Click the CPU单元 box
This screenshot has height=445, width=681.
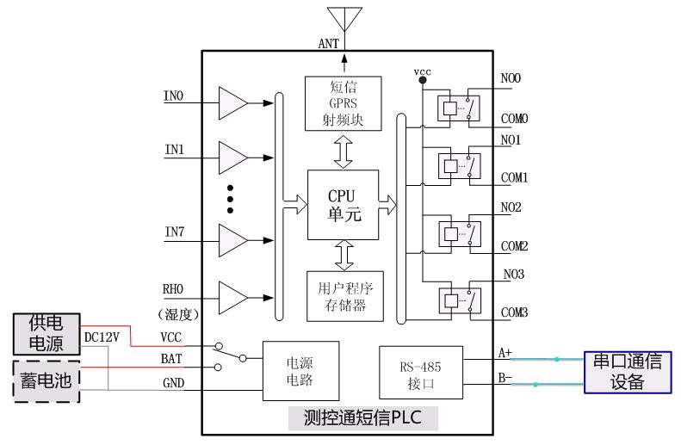click(344, 205)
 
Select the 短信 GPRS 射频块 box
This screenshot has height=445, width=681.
click(344, 103)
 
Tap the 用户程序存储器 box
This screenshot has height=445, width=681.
click(345, 296)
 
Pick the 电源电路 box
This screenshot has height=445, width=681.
click(300, 371)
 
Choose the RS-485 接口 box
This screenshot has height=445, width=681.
click(421, 373)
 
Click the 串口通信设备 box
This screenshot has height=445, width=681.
click(628, 372)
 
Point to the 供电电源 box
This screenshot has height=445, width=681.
click(46, 334)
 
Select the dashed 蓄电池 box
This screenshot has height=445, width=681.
click(46, 381)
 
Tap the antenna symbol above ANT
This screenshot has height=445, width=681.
click(345, 19)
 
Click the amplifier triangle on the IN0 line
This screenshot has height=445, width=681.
click(232, 103)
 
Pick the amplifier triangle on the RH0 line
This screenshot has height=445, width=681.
click(232, 298)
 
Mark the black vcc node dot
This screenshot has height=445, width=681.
click(422, 80)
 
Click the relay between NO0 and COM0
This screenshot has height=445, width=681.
click(459, 108)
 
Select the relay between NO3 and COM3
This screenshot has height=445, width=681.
click(460, 301)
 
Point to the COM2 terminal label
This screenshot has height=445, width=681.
click(514, 246)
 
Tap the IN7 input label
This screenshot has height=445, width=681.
click(175, 232)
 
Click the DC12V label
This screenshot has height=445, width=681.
click(102, 337)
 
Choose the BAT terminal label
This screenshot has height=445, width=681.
click(171, 359)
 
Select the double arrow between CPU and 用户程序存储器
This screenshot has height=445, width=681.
click(344, 256)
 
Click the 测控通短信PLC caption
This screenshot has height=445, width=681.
click(362, 417)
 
